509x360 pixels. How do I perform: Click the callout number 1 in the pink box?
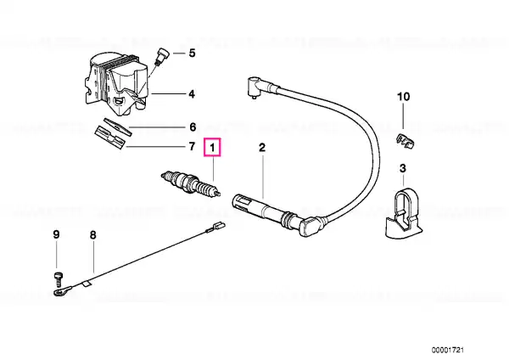point(215,149)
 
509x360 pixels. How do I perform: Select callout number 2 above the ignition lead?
point(262,149)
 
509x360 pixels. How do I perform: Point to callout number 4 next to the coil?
point(192,93)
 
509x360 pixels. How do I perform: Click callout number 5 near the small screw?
point(192,53)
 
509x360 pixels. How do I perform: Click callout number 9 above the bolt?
point(56,234)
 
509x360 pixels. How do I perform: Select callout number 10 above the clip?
point(403,98)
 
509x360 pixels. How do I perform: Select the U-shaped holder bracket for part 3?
point(401,215)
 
